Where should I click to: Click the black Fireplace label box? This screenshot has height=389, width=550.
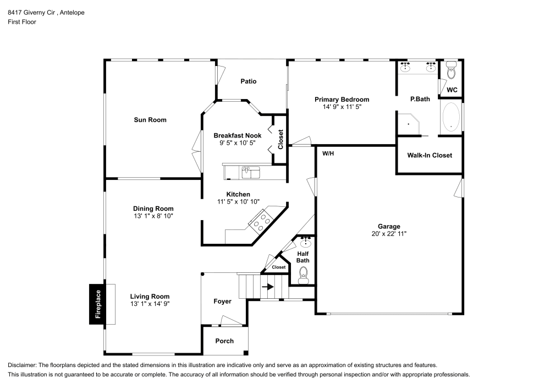(x=97, y=304)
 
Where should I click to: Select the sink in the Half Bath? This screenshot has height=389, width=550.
(x=305, y=243)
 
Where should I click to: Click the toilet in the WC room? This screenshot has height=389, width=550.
(x=452, y=71)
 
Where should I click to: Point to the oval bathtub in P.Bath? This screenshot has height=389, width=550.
(x=451, y=117)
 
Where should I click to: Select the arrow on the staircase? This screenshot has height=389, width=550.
(x=267, y=287)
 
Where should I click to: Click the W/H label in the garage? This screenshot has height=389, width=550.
(x=328, y=154)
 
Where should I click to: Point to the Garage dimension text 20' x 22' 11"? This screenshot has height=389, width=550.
(x=388, y=234)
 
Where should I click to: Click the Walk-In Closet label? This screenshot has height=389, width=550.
(x=430, y=155)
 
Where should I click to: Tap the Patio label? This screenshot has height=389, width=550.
(x=249, y=81)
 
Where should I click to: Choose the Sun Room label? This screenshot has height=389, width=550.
(x=150, y=120)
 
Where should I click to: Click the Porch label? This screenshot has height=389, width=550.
(x=224, y=341)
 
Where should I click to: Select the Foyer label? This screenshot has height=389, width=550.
(x=223, y=302)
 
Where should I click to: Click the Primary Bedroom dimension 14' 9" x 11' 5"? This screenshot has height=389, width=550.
(x=342, y=107)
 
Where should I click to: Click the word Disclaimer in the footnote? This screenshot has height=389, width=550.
(x=21, y=365)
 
